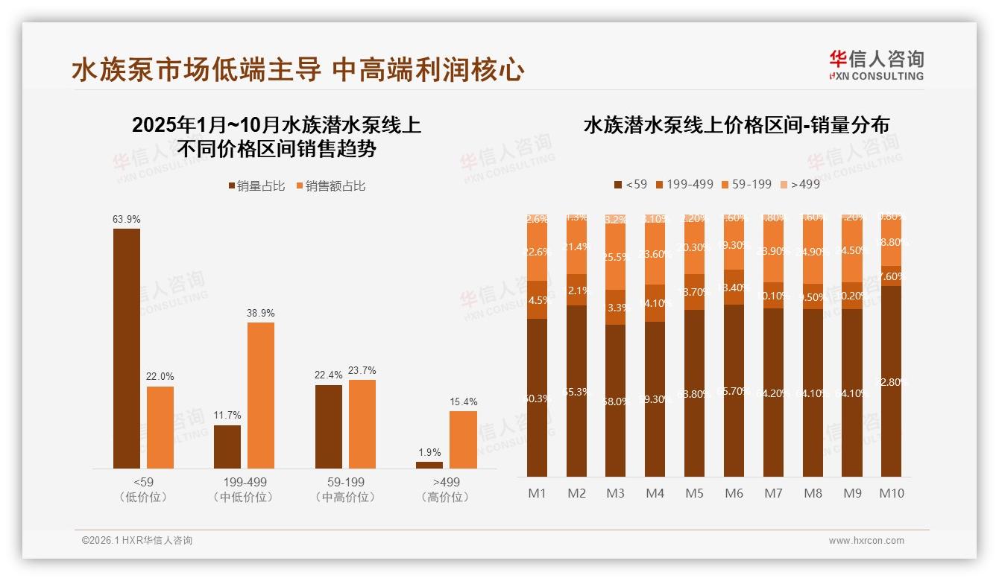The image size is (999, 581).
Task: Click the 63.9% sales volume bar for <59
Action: (x=127, y=349)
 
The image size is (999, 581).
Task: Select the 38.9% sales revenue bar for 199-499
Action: (x=261, y=395)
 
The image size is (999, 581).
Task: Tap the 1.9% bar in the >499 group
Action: (x=429, y=465)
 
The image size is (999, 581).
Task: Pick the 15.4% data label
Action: (x=464, y=402)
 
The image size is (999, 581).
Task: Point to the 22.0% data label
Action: (x=160, y=377)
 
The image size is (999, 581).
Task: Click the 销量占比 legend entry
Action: (x=256, y=186)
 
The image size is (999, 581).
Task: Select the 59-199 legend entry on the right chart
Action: (x=746, y=184)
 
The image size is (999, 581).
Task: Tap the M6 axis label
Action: (x=734, y=493)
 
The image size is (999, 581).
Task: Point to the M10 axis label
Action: (x=891, y=493)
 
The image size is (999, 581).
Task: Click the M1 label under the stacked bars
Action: (x=538, y=493)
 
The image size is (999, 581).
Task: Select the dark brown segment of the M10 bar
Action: (x=891, y=381)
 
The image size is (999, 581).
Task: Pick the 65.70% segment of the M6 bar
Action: (x=734, y=390)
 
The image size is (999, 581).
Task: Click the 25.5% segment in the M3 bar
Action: (x=616, y=256)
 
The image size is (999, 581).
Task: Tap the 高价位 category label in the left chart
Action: (x=445, y=497)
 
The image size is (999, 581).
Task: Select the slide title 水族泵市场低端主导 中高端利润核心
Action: (x=298, y=70)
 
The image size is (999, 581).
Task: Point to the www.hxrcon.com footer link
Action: (x=866, y=541)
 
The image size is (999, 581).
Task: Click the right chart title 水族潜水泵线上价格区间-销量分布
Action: (x=736, y=125)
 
